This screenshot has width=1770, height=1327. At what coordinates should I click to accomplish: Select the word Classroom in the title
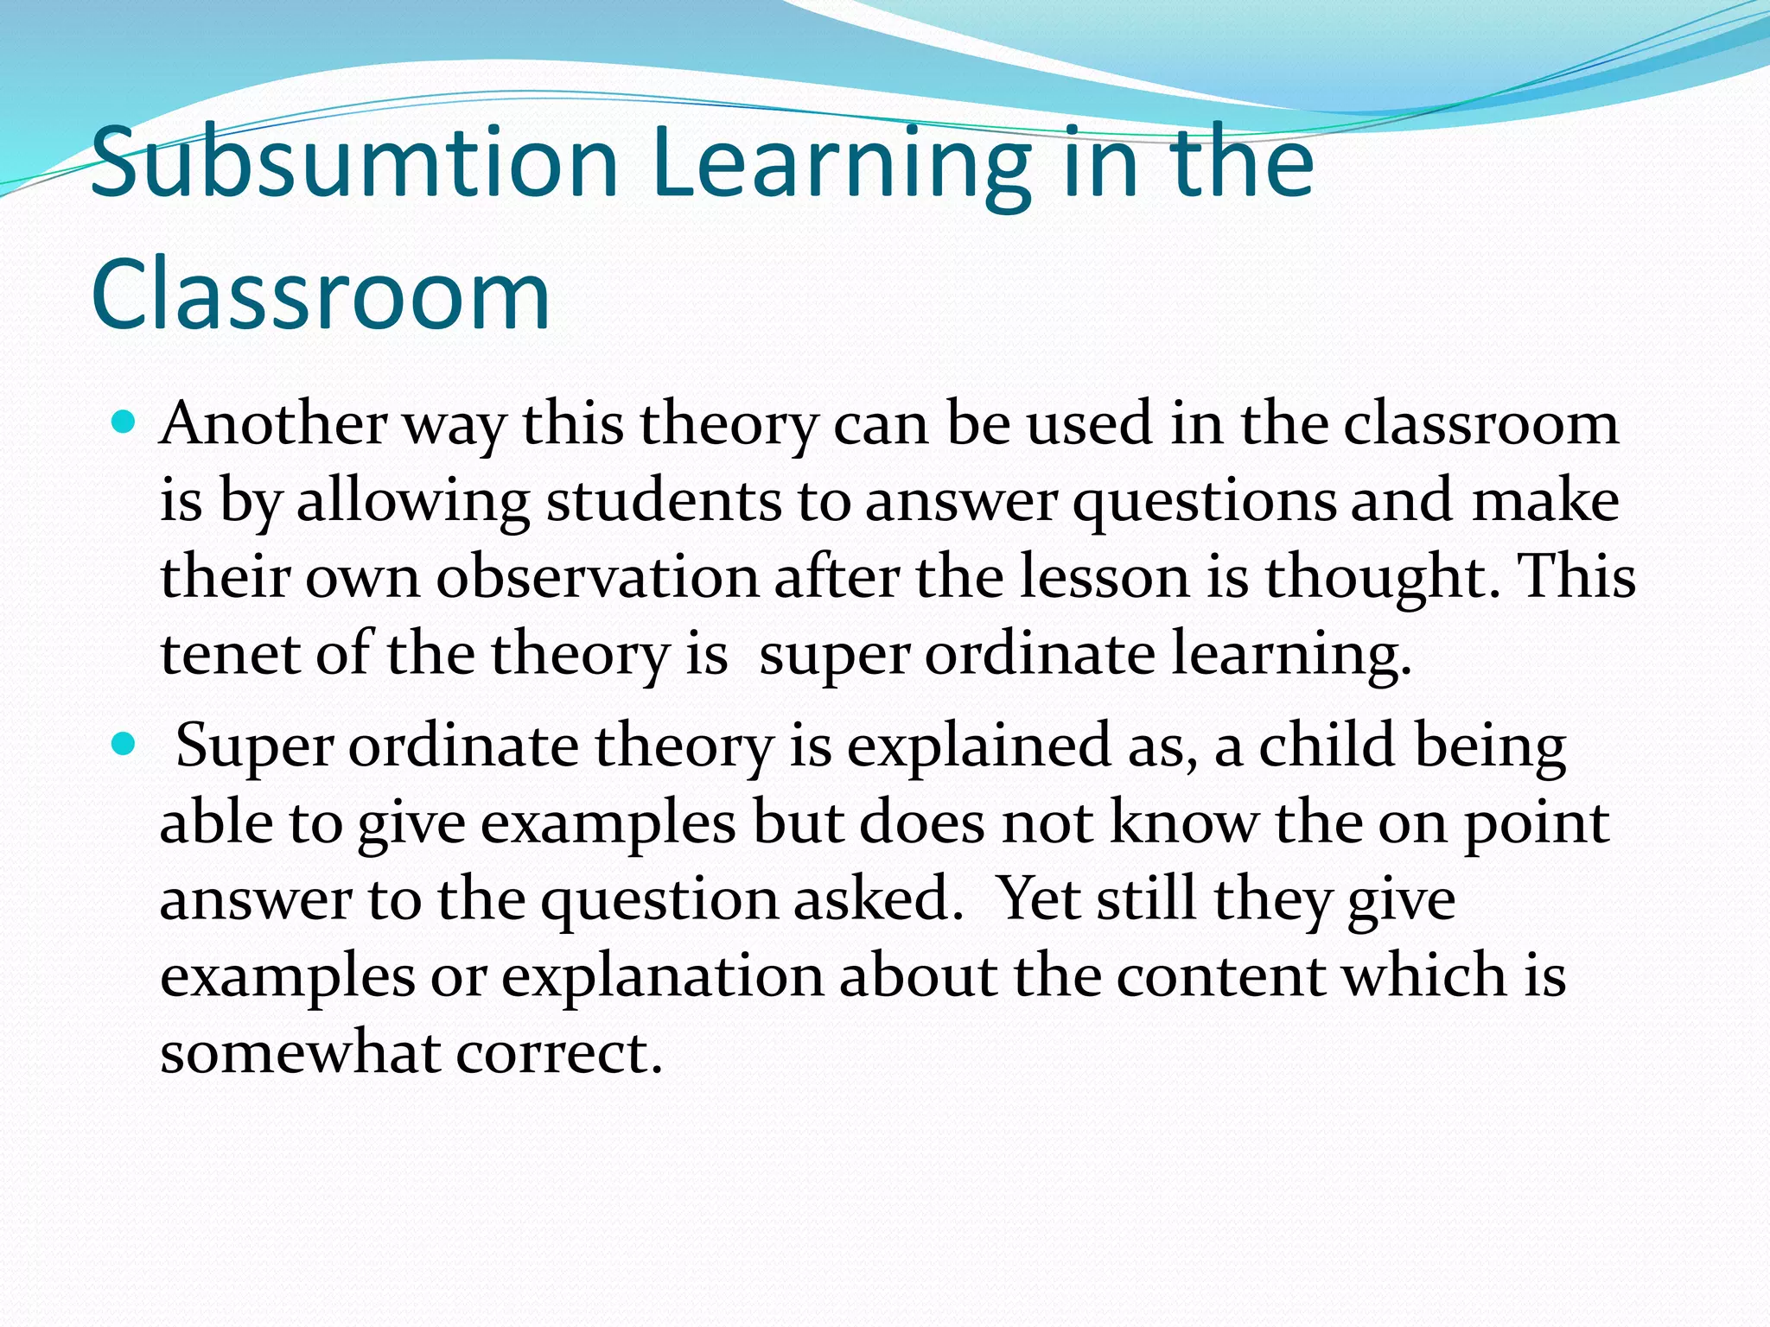(x=320, y=294)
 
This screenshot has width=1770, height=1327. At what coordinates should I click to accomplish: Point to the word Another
(x=273, y=425)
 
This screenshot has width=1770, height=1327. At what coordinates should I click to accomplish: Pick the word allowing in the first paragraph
(x=413, y=501)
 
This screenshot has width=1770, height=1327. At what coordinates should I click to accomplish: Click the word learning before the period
(x=1288, y=654)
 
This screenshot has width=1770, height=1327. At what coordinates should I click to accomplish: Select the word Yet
(x=1037, y=898)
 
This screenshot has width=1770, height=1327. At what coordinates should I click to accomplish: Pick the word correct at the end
(x=557, y=1052)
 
